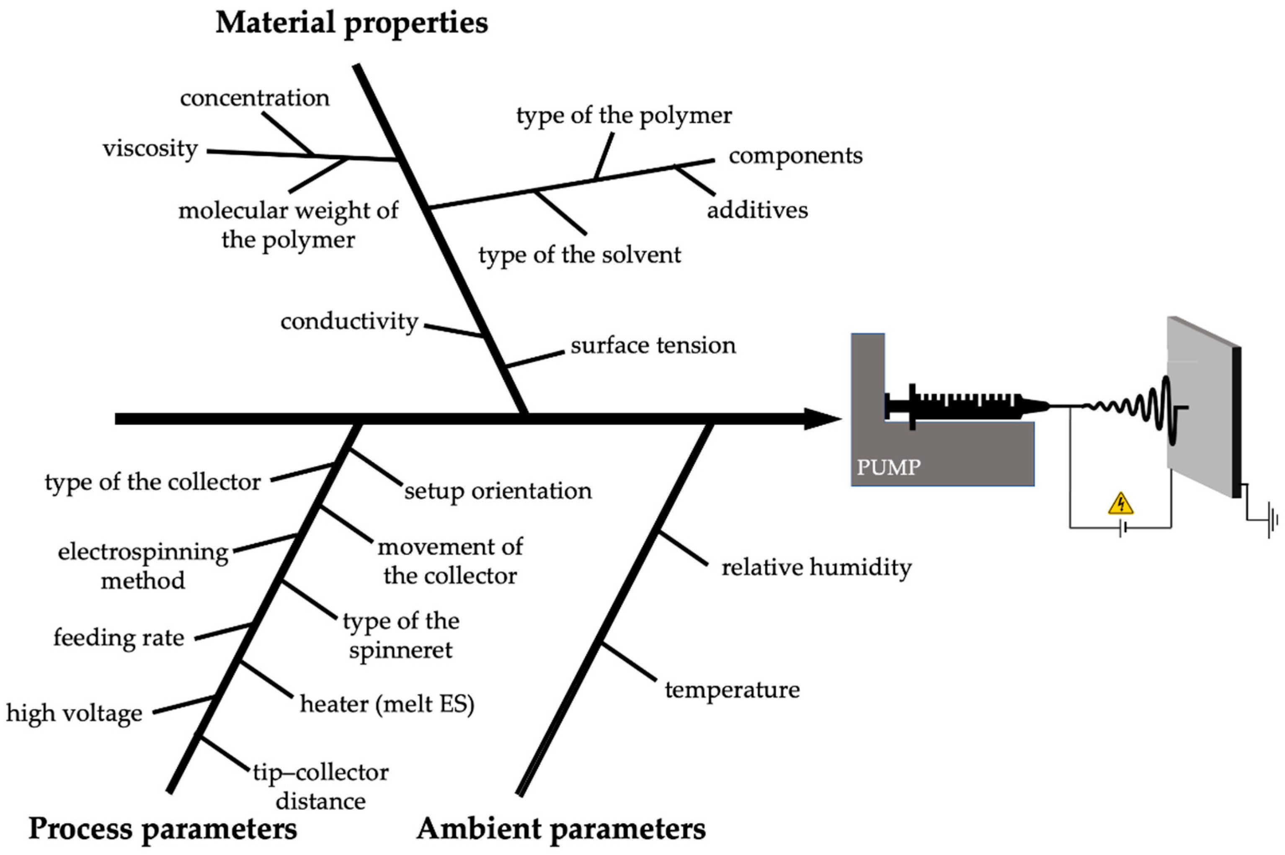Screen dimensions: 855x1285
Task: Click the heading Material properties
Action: (x=352, y=23)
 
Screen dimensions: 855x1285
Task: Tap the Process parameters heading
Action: (x=163, y=828)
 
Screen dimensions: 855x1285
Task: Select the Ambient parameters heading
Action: (x=561, y=828)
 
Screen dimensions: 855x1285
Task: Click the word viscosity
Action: (x=150, y=148)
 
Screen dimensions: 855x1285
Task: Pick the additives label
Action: (x=757, y=210)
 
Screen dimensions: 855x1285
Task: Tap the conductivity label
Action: (x=349, y=322)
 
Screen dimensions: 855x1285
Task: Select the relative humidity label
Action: (x=816, y=568)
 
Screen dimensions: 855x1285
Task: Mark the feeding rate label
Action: (x=119, y=637)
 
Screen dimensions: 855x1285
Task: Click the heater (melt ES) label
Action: (x=387, y=704)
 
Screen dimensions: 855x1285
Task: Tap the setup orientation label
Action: (x=498, y=491)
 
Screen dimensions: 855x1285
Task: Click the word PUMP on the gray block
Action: (x=888, y=467)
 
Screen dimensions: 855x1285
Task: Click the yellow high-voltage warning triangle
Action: (x=1120, y=505)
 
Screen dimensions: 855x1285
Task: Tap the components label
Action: (x=795, y=156)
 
